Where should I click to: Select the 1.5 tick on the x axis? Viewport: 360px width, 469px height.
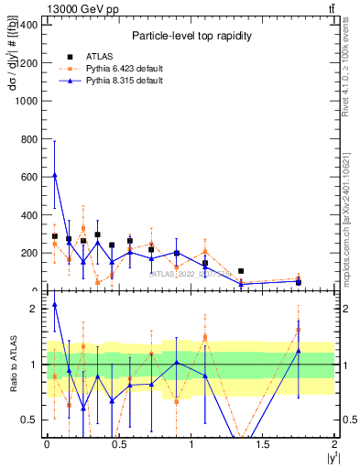(x=263, y=444)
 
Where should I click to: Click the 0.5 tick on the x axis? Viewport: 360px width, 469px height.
(x=118, y=444)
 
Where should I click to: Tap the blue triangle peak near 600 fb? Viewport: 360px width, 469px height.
(x=55, y=174)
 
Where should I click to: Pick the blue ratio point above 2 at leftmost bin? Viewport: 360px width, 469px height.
(x=55, y=304)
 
